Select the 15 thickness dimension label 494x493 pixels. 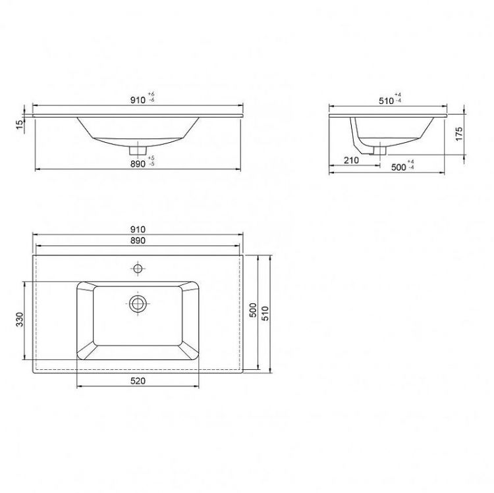20,124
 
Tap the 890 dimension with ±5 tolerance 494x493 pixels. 142,163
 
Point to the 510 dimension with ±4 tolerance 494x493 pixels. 390,99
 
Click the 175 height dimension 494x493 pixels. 459,134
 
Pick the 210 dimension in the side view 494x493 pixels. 351,160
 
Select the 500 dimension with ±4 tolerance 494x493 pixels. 402,167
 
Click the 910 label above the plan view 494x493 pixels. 138,230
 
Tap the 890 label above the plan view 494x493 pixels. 138,240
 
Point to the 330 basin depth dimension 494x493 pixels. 20,319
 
